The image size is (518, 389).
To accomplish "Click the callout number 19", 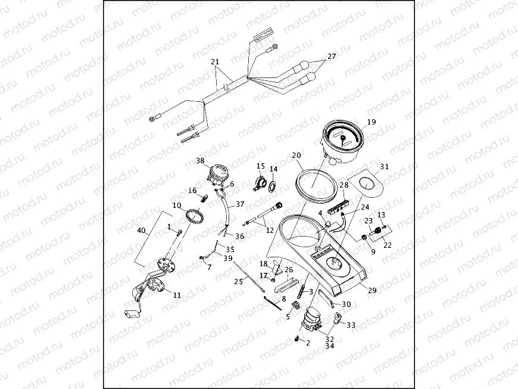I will pyautogui.click(x=372, y=122).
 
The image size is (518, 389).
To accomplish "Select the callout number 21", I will pyautogui.click(x=215, y=62).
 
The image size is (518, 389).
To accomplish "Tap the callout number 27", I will pyautogui.click(x=332, y=56).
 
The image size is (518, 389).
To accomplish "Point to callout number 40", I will pyautogui.click(x=141, y=230).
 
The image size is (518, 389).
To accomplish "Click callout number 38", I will pyautogui.click(x=200, y=161).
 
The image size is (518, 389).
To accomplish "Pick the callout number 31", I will pyautogui.click(x=384, y=167).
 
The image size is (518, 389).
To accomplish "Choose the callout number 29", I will pyautogui.click(x=373, y=290).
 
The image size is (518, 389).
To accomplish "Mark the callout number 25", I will pyautogui.click(x=238, y=281).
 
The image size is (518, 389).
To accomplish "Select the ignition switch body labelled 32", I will pyautogui.click(x=313, y=321).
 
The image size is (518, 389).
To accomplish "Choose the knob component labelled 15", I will pyautogui.click(x=260, y=182).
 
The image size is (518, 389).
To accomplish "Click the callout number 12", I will pyautogui.click(x=270, y=230).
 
